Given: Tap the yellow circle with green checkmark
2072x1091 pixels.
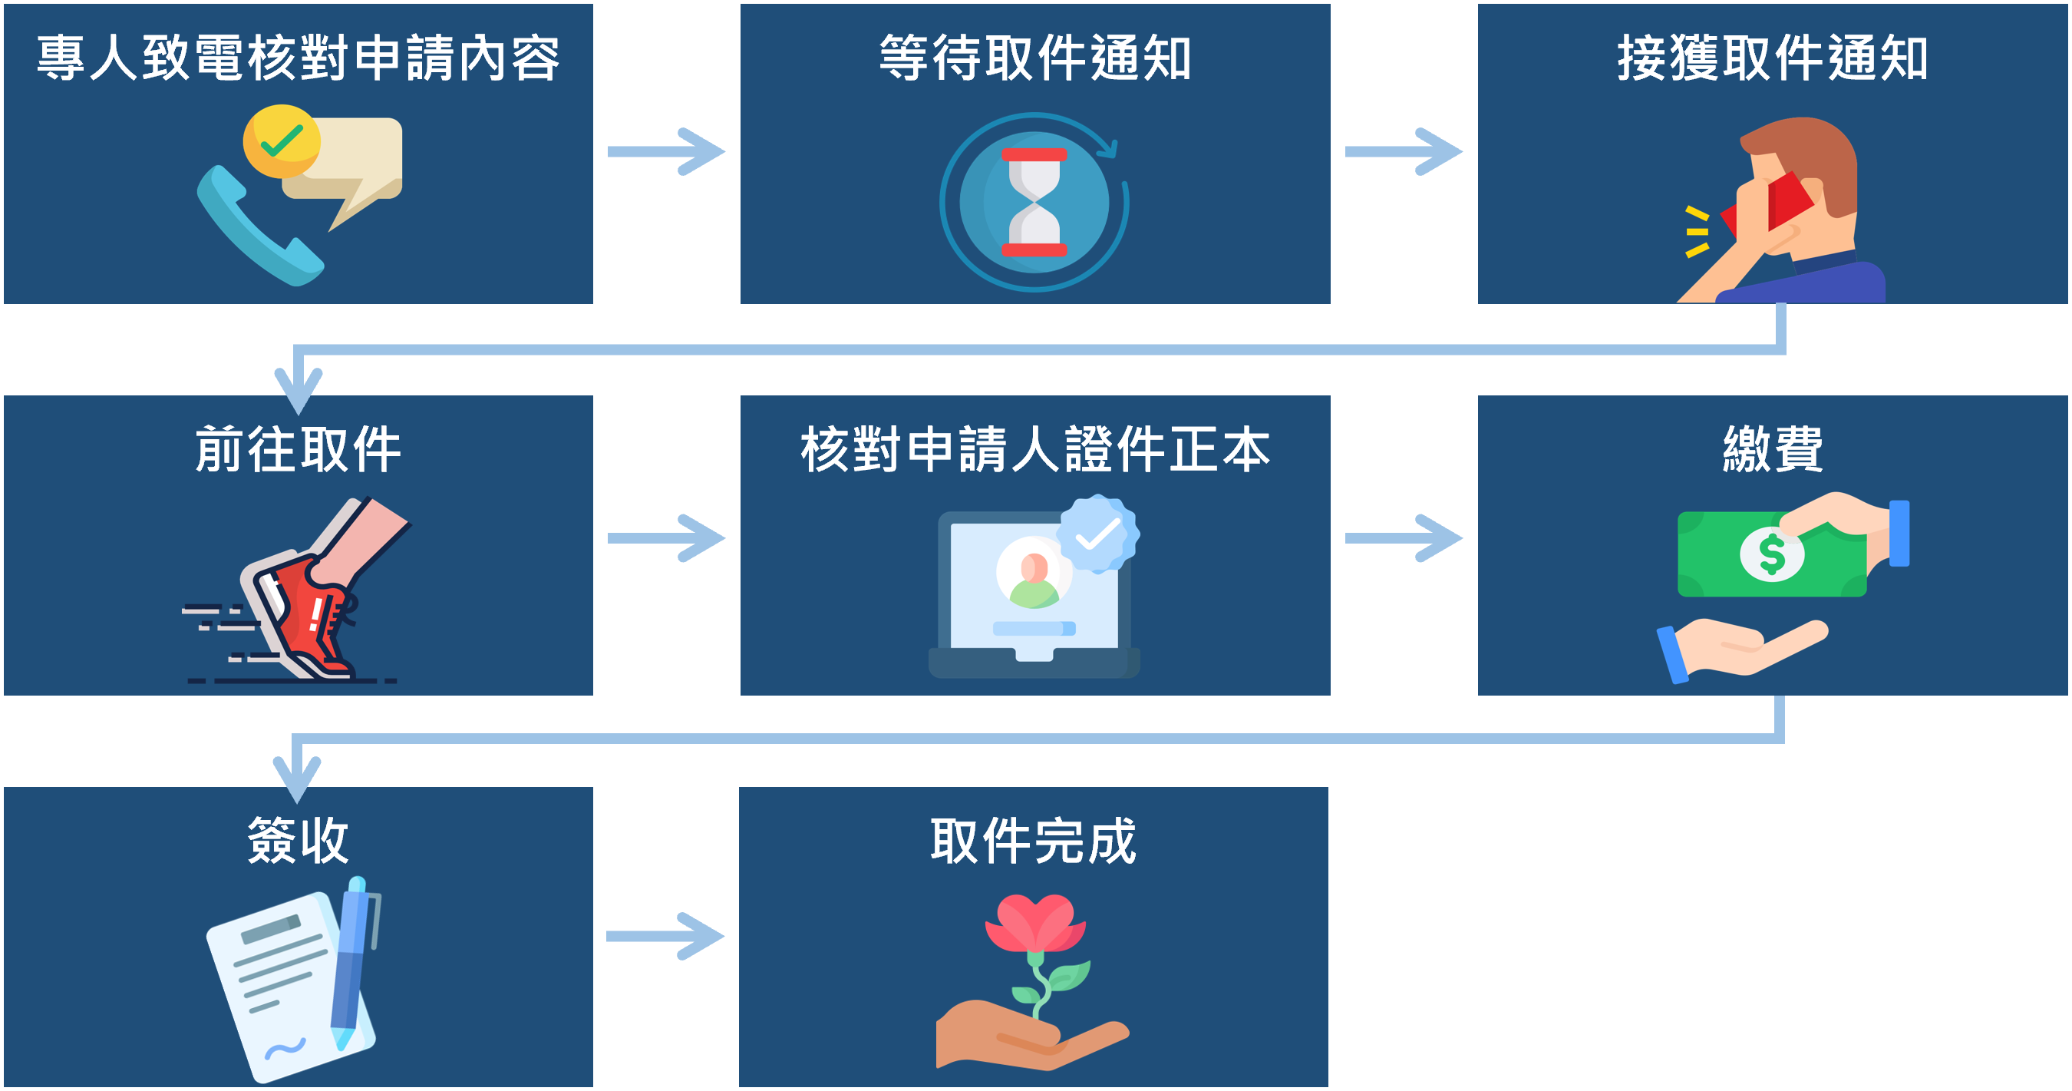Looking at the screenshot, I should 282,141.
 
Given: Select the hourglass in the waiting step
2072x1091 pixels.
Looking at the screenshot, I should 1034,202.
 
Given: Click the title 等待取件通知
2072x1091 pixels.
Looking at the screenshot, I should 1035,58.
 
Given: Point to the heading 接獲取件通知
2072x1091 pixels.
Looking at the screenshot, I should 1772,58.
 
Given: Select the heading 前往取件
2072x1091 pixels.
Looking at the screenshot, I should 299,449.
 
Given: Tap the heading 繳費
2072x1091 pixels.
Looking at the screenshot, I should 1772,449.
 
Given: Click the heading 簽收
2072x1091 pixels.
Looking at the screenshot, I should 299,840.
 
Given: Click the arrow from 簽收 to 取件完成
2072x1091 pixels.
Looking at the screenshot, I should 666,936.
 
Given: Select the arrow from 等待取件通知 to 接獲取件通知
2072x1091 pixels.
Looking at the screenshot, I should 1404,151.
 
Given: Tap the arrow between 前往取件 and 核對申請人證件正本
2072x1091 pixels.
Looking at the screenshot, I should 667,537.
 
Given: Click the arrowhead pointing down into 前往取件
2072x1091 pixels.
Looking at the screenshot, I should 299,389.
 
